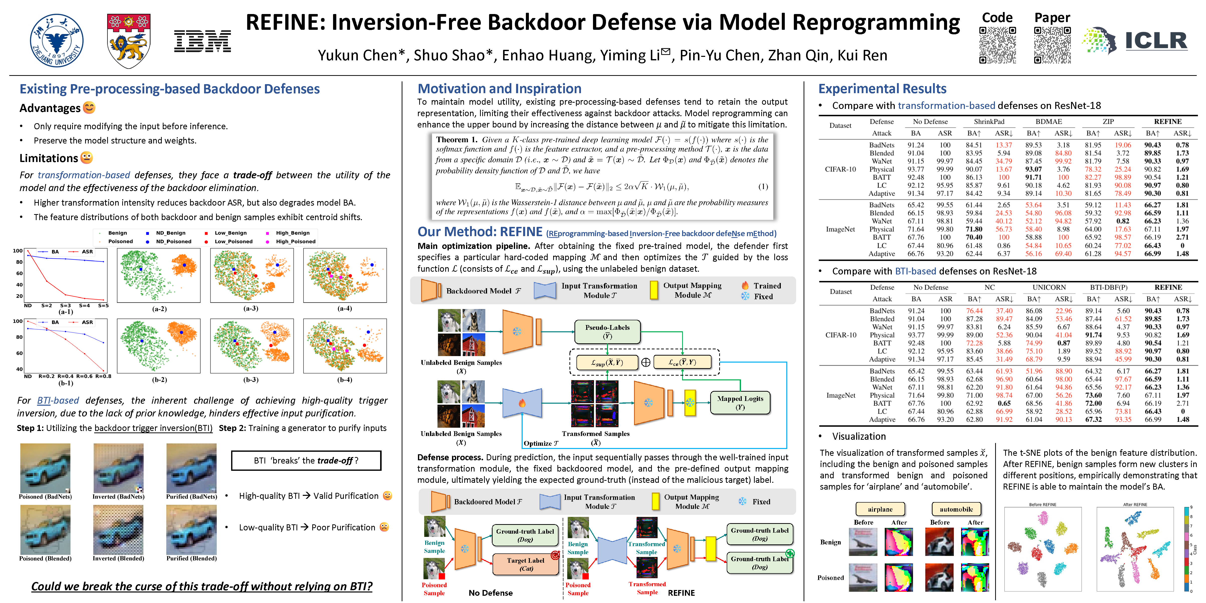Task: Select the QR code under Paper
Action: tap(1052, 45)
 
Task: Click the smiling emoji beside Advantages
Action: tap(89, 108)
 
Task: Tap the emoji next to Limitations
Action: tap(87, 158)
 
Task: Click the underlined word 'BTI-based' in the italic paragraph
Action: tap(58, 400)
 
